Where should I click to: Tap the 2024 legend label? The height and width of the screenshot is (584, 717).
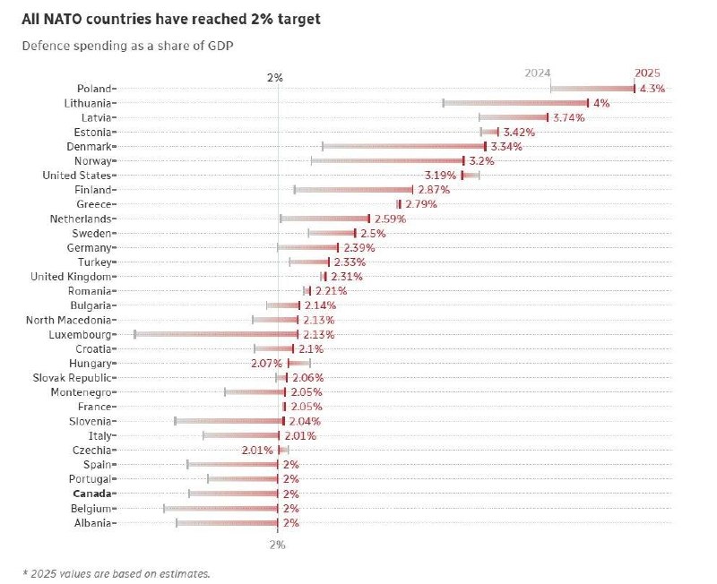tap(538, 73)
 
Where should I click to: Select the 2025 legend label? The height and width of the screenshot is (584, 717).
tap(647, 73)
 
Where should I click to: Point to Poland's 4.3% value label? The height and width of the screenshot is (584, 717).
tap(652, 89)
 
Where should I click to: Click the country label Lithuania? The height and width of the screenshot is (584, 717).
tap(88, 103)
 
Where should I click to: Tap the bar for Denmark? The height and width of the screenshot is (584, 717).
tap(403, 146)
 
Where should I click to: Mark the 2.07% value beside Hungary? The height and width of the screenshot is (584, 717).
tap(267, 363)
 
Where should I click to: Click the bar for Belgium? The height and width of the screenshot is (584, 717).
tap(221, 508)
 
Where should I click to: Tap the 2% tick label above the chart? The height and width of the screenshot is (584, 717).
tap(275, 78)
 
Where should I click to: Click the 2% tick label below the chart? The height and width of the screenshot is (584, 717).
tap(277, 544)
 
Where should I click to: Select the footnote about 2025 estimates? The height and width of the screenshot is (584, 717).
tap(117, 571)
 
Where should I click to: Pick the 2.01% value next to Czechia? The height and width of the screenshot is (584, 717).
tap(257, 450)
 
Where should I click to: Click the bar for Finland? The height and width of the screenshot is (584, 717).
tap(354, 190)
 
